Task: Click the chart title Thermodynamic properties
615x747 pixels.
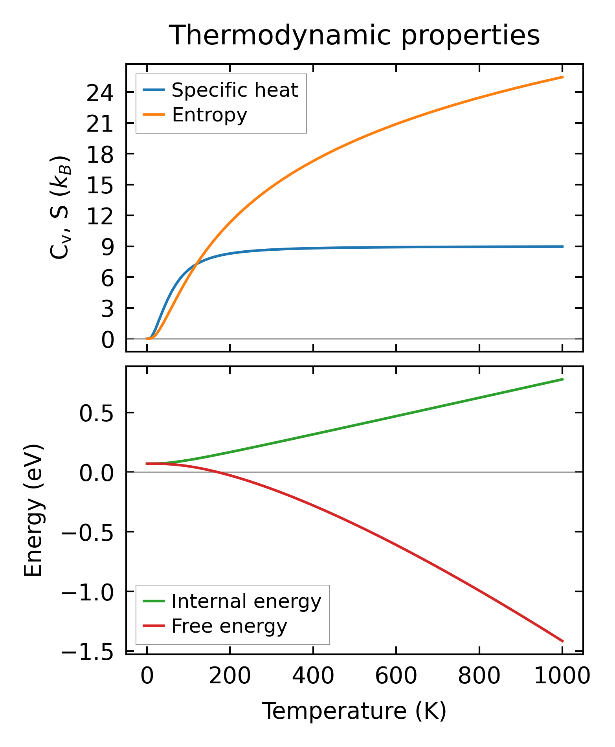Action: pyautogui.click(x=354, y=35)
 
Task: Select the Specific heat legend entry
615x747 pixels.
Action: pyautogui.click(x=235, y=90)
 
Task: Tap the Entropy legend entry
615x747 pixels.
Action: pyautogui.click(x=209, y=115)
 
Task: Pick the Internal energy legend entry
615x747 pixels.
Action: pyautogui.click(x=246, y=601)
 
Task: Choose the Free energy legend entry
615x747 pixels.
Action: pyautogui.click(x=229, y=626)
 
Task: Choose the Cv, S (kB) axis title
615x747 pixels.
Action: pyautogui.click(x=60, y=207)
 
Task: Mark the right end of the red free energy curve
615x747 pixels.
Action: pyautogui.click(x=563, y=641)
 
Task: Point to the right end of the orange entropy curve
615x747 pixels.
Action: pyautogui.click(x=563, y=77)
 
